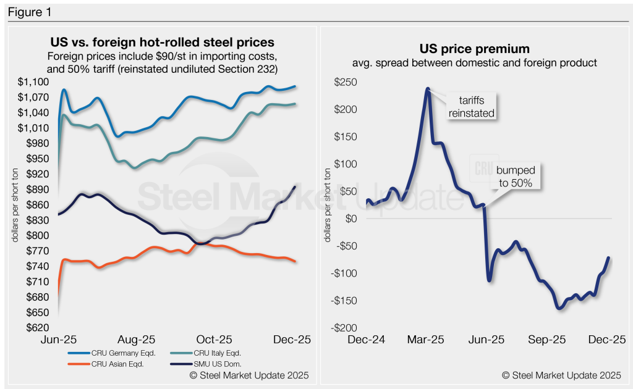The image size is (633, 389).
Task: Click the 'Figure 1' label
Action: [29, 11]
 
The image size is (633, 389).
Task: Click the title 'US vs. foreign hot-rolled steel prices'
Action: [162, 43]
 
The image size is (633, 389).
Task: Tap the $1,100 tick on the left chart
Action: [33, 82]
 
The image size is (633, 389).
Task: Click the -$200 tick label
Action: [345, 328]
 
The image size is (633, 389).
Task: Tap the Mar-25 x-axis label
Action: [427, 340]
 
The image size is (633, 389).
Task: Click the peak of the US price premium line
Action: [428, 89]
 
